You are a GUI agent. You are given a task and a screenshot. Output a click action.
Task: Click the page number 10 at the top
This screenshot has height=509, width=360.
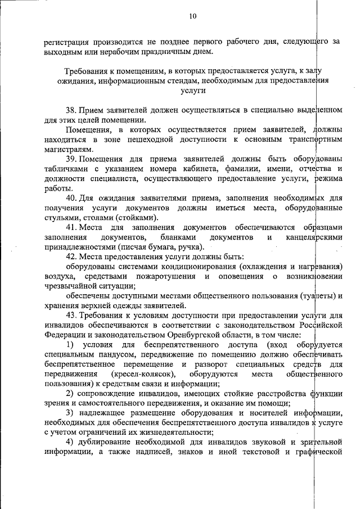click(x=192, y=16)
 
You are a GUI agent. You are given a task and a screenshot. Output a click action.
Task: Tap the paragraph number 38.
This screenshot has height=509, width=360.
click(x=71, y=109)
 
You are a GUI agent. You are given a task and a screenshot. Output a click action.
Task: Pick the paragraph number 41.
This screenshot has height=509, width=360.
click(x=71, y=227)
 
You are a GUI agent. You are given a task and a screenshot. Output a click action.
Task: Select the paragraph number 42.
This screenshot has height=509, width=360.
click(x=71, y=256)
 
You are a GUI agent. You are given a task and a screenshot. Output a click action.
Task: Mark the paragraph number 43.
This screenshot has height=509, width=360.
click(x=71, y=316)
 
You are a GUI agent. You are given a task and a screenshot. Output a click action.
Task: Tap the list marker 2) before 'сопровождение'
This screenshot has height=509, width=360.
click(x=70, y=394)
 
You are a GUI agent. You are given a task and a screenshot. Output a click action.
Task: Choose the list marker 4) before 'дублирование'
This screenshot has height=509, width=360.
click(x=70, y=443)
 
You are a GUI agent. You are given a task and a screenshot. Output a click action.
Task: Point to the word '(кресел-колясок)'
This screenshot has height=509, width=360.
click(x=143, y=374)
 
